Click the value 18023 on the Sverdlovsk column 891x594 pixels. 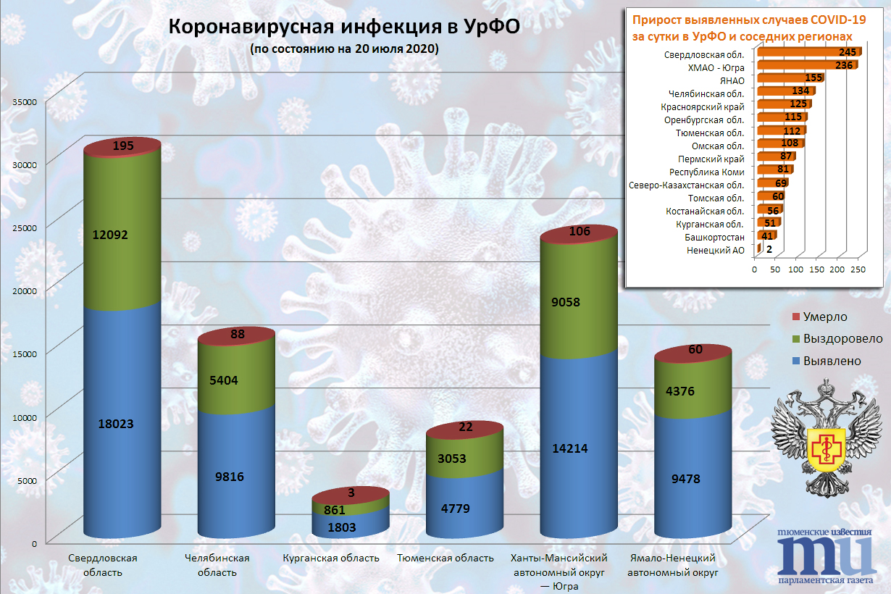click(122, 423)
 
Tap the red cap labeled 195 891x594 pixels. click(123, 146)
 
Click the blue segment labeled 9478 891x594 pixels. click(693, 478)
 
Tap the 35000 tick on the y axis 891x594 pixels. click(25, 102)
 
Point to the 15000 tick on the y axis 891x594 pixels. click(25, 352)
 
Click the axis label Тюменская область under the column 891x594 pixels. click(445, 558)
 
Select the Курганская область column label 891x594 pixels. click(331, 558)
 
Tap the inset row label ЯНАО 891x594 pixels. click(732, 80)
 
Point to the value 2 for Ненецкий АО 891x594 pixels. click(769, 249)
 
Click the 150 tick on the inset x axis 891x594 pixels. click(816, 269)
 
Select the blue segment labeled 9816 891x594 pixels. click(237, 476)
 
